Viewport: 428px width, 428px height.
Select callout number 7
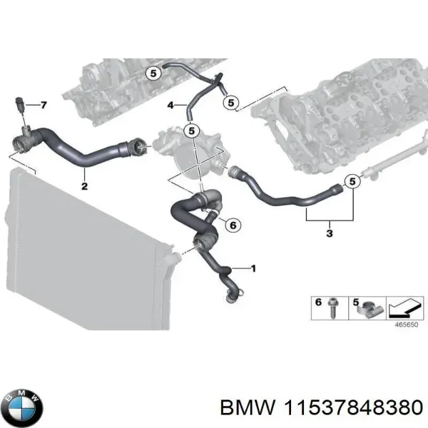43,106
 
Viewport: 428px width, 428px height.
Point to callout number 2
84,187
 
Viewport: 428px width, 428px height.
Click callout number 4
171,106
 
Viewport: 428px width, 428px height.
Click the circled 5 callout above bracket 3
350,183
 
